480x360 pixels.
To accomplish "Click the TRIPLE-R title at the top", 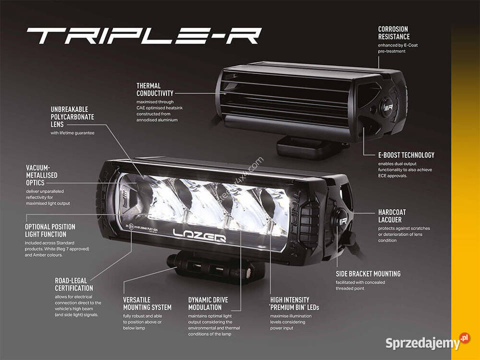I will pyautogui.click(x=144, y=35).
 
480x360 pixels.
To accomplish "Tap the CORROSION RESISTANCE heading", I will pyautogui.click(x=393, y=33).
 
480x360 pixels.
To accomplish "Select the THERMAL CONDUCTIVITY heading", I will pyautogui.click(x=155, y=89).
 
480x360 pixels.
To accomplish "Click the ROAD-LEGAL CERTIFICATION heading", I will pyautogui.click(x=73, y=284).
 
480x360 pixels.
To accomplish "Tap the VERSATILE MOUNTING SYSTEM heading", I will pyautogui.click(x=147, y=303).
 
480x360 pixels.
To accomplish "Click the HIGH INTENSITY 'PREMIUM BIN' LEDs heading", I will pyautogui.click(x=294, y=303).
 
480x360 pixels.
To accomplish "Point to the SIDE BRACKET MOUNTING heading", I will pyautogui.click(x=367, y=274).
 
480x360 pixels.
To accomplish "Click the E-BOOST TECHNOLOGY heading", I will pyautogui.click(x=406, y=155).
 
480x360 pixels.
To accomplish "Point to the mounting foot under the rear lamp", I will pyautogui.click(x=300, y=146).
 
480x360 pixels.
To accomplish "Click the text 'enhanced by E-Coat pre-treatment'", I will pyautogui.click(x=397, y=48).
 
